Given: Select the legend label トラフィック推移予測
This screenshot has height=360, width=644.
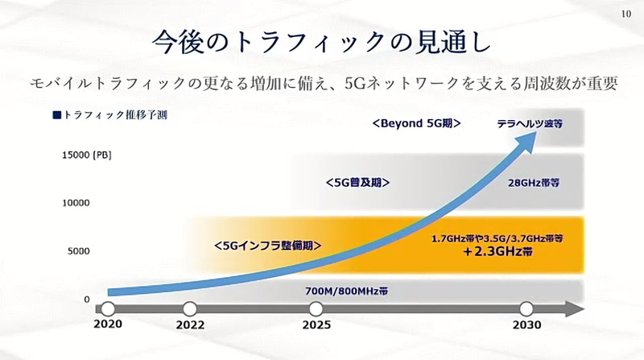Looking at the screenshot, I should [110, 114].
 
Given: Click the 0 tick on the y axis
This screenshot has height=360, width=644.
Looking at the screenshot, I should [86, 299].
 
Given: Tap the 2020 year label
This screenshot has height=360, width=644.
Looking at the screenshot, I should [107, 326].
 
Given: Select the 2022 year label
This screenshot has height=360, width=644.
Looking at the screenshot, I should [189, 326].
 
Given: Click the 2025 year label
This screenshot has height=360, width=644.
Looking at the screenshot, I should [316, 326].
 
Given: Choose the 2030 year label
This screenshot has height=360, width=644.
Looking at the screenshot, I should [526, 326].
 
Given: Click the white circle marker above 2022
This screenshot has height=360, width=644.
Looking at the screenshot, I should [190, 308].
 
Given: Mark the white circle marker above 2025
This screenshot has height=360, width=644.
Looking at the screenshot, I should [316, 308].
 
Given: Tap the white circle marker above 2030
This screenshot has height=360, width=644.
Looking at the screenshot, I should [526, 308].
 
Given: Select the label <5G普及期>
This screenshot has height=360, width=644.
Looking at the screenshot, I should [357, 182].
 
